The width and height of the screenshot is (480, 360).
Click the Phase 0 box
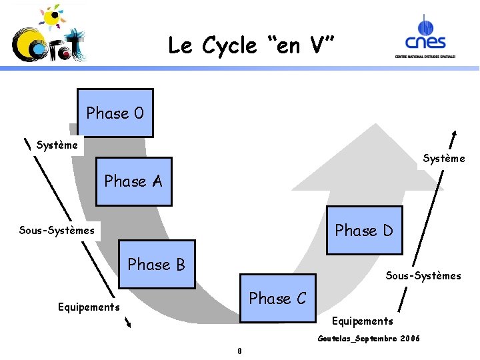[x=115, y=113]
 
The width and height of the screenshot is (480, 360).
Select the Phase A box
[x=133, y=181]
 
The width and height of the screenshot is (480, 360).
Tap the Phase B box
[x=157, y=264]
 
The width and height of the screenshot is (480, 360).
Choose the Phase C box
[x=277, y=298]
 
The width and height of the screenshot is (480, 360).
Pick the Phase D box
[x=364, y=230]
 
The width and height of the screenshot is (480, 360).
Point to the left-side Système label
[x=57, y=145]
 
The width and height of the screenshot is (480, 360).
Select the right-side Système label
[x=444, y=158]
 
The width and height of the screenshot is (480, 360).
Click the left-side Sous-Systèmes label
[x=57, y=231]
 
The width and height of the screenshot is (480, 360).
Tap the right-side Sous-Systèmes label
[x=423, y=275]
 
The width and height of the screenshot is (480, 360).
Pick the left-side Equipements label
[x=89, y=307]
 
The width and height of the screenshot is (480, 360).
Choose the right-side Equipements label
[x=363, y=321]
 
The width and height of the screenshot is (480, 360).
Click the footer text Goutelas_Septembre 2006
[x=369, y=339]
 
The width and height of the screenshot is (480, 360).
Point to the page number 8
[x=239, y=351]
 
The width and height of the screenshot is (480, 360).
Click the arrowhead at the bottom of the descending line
[x=129, y=325]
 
